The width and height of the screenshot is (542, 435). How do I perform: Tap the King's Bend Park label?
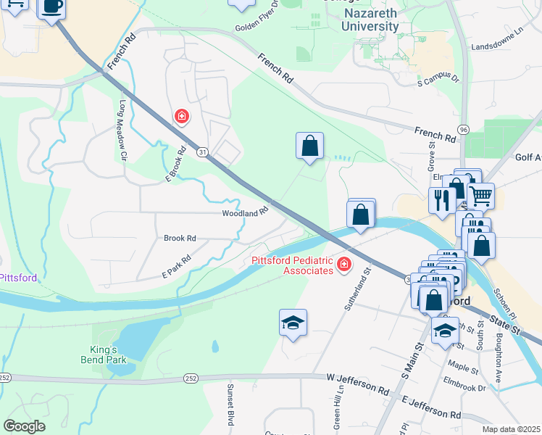tap(103, 353)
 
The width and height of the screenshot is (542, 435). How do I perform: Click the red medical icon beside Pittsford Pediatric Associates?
tap(343, 267)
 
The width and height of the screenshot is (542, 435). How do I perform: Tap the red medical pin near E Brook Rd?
tap(181, 116)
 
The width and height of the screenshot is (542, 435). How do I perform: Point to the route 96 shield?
tap(463, 129)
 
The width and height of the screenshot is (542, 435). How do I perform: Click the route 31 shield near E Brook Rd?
tap(202, 152)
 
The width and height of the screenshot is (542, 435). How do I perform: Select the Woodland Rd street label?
tap(245, 213)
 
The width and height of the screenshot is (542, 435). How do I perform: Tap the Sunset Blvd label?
tap(230, 404)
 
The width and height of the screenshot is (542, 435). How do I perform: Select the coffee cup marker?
tap(52, 8)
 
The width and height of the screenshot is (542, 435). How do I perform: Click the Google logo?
tap(24, 426)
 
